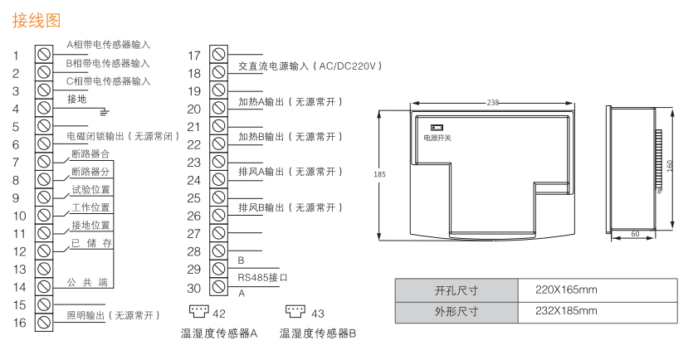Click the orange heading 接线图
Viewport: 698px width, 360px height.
37,17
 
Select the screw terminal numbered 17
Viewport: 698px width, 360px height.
217,55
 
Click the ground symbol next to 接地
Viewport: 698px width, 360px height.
104,109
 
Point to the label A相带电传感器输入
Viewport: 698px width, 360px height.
109,45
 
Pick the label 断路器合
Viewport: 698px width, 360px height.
90,153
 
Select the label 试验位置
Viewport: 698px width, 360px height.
90,189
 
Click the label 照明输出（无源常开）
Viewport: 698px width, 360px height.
112,315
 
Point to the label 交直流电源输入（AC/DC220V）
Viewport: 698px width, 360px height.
309,66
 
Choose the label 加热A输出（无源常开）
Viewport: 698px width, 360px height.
290,101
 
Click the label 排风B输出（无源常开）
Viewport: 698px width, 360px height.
290,207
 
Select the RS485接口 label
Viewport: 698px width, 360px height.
262,278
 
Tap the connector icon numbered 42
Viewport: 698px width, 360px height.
199,312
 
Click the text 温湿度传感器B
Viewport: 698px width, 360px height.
318,333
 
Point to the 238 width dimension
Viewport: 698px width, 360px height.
492,103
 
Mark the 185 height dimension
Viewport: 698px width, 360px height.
379,174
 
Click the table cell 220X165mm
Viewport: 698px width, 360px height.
567,290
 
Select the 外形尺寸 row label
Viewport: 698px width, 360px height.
456,312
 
